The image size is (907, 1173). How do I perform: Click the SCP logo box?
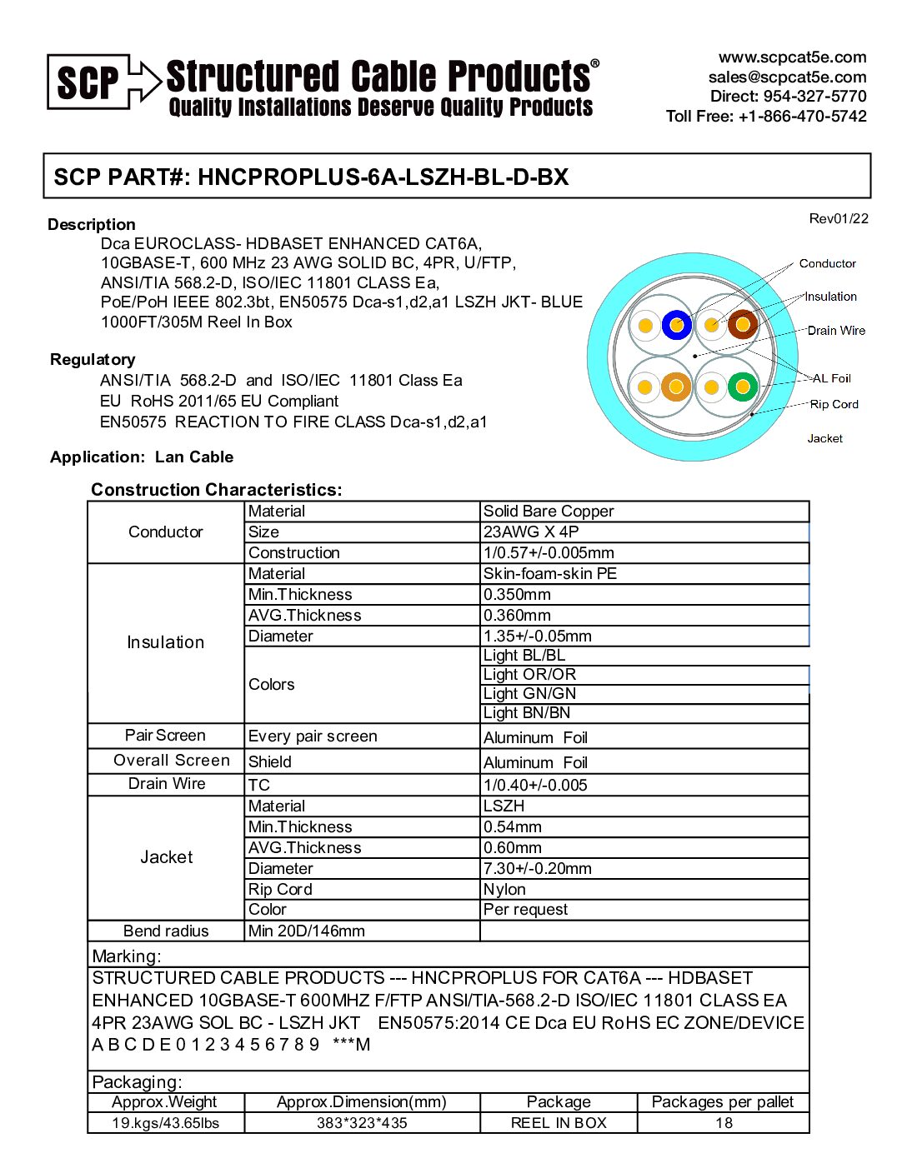click(88, 82)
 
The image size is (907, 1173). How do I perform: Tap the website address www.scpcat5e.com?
click(792, 57)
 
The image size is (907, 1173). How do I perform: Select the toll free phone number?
click(765, 116)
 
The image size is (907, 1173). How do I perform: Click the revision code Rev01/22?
click(838, 219)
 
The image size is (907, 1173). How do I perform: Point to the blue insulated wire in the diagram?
click(677, 325)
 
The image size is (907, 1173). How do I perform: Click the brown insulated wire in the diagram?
click(742, 324)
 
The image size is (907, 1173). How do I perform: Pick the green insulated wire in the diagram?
click(742, 387)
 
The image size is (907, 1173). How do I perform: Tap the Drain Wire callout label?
click(835, 331)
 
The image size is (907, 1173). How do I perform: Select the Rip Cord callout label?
click(834, 404)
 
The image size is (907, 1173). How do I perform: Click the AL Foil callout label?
click(831, 378)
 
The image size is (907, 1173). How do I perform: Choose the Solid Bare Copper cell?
click(549, 512)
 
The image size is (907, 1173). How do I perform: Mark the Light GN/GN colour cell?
click(529, 694)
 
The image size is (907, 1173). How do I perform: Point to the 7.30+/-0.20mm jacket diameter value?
click(538, 869)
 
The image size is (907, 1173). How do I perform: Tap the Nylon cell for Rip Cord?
click(504, 890)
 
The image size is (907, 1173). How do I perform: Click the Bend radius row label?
click(166, 931)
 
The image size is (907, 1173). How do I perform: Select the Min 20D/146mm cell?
click(307, 931)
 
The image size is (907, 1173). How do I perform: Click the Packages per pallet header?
click(723, 1102)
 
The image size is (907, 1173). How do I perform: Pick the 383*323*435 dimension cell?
click(362, 1123)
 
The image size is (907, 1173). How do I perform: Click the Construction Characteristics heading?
click(217, 490)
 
